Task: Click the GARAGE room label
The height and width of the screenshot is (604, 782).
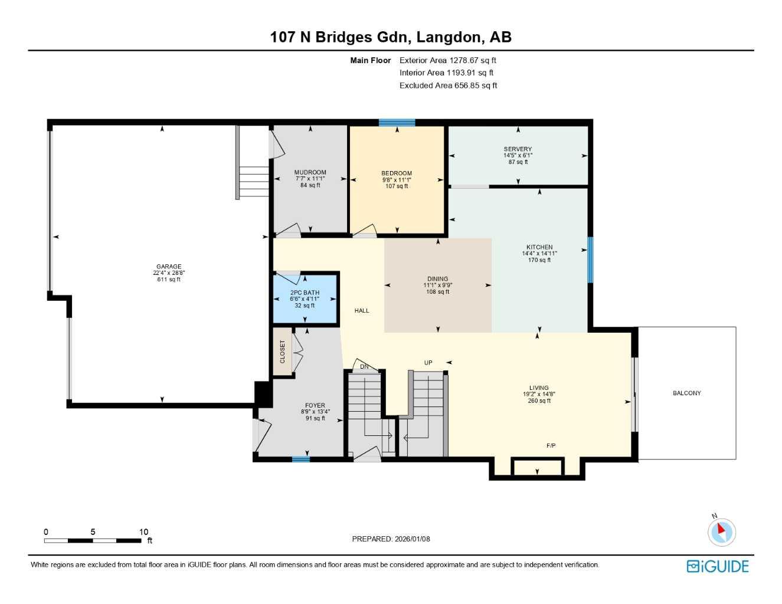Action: point(169,267)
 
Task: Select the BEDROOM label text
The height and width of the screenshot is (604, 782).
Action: point(397,173)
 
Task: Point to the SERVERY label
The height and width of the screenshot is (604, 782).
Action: point(518,149)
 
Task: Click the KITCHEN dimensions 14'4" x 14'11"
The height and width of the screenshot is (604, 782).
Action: point(539,254)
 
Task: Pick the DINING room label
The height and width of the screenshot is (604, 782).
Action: point(437,279)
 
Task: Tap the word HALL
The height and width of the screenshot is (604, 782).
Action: point(362,311)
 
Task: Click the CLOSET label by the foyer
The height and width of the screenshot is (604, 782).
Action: point(283,352)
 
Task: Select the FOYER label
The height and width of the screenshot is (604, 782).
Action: point(315,406)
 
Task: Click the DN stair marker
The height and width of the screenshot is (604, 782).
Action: point(364,367)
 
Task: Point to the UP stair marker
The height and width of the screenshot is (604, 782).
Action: point(428,363)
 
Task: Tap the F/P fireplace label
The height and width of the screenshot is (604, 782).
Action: point(551,446)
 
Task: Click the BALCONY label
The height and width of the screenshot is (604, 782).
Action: point(687,393)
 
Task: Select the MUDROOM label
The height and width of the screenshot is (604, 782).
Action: point(310,172)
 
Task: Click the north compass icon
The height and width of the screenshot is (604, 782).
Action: point(721,531)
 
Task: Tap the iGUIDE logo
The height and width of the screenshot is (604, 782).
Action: point(718,566)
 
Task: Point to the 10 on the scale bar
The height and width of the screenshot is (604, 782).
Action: point(143,532)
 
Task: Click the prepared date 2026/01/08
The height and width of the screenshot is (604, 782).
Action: point(412,539)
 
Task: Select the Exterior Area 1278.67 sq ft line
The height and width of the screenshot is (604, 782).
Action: point(447,60)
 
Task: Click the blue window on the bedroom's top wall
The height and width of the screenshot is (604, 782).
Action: point(397,123)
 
